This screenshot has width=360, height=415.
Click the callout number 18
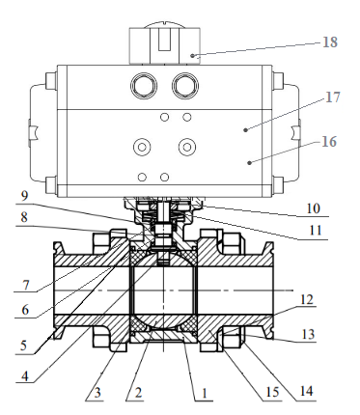click(x=330, y=42)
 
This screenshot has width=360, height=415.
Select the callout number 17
click(x=333, y=97)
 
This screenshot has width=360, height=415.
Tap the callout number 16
click(x=329, y=142)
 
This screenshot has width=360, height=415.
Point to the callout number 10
click(x=314, y=208)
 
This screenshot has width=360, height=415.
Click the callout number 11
click(x=316, y=231)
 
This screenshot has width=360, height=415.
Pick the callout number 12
click(x=306, y=299)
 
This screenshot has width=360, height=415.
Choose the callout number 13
click(x=308, y=334)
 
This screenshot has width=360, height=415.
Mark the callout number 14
click(x=306, y=391)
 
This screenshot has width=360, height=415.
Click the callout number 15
click(x=272, y=392)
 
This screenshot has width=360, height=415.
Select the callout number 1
click(x=204, y=393)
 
